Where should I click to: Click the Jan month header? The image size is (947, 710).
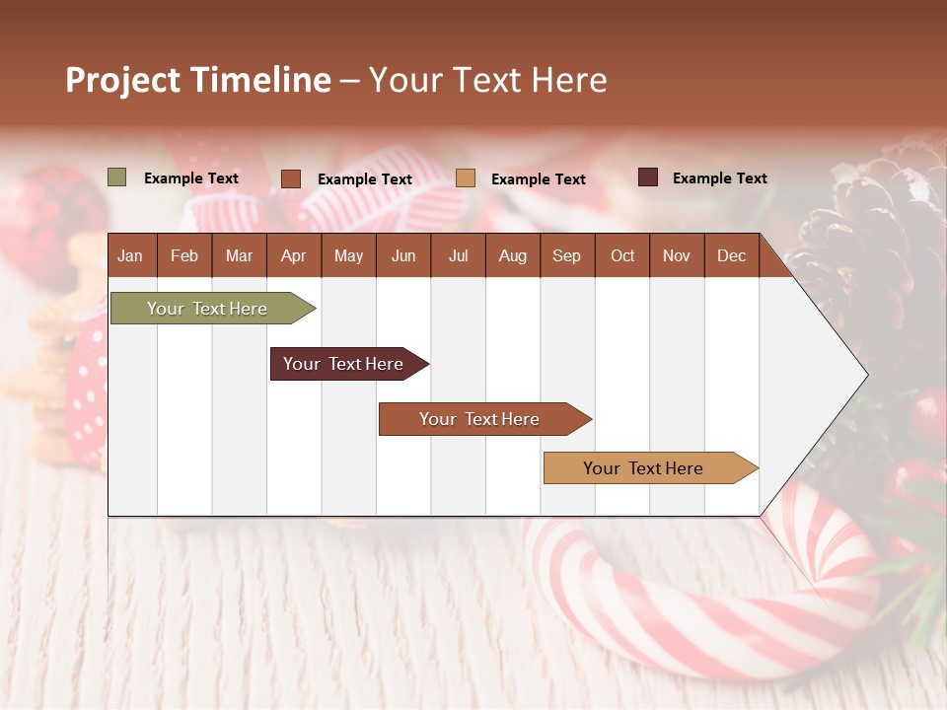coord(130,255)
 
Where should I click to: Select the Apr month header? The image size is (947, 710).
coord(293,255)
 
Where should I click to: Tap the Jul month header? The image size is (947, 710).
coord(458,255)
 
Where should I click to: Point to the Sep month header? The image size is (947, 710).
coord(566,255)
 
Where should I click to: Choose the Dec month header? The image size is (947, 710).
coord(731,255)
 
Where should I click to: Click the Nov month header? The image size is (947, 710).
coord(676,255)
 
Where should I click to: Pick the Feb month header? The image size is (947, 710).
coord(184,255)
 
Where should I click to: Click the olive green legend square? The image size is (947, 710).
coord(117,177)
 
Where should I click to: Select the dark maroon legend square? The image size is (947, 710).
coord(647,177)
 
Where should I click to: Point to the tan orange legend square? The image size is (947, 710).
coord(466,178)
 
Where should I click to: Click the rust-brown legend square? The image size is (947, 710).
coord(291,178)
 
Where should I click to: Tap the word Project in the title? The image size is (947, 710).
coord(123,80)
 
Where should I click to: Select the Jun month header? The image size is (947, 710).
coord(403,255)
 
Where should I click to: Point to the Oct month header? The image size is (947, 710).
coord(622,255)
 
